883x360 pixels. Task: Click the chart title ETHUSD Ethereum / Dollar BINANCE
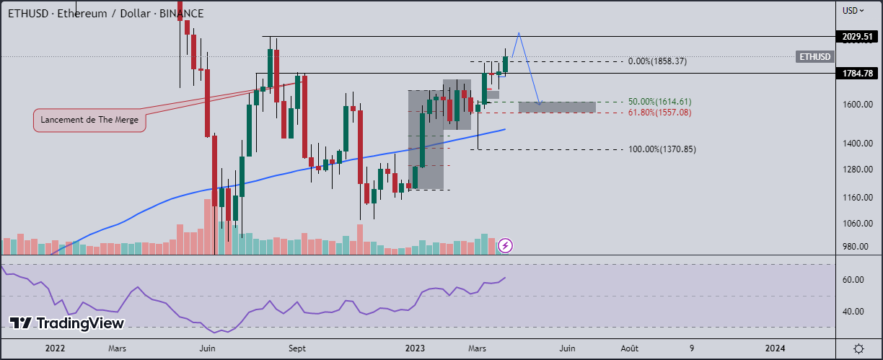[105, 14]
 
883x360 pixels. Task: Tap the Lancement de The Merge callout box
[90, 120]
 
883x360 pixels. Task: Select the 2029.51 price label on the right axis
[858, 36]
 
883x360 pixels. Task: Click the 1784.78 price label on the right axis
[858, 73]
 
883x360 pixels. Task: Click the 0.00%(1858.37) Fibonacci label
[657, 61]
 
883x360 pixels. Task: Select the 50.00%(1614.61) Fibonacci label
[660, 102]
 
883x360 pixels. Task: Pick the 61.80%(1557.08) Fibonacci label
[660, 113]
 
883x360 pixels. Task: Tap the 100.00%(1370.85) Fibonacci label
[662, 149]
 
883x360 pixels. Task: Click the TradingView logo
[66, 323]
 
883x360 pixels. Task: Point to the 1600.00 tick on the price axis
[858, 105]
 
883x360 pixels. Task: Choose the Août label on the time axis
[630, 348]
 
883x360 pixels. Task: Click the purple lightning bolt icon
[506, 246]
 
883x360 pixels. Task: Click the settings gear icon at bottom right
[859, 348]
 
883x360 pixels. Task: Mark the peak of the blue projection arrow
[519, 32]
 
